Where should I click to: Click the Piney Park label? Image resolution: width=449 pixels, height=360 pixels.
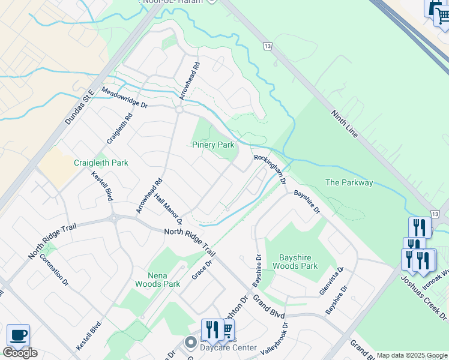pos(213,145)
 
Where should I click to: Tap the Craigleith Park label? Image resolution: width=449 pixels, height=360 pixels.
pos(101,163)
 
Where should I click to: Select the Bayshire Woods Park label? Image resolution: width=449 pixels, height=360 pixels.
pos(295,261)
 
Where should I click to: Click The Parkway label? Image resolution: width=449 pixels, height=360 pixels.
pos(349,182)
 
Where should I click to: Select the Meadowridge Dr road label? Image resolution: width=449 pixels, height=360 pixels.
pos(124,97)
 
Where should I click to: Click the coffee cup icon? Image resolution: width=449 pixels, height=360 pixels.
pos(18,335)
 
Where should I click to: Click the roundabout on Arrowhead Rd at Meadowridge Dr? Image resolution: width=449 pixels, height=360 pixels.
pos(179,110)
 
